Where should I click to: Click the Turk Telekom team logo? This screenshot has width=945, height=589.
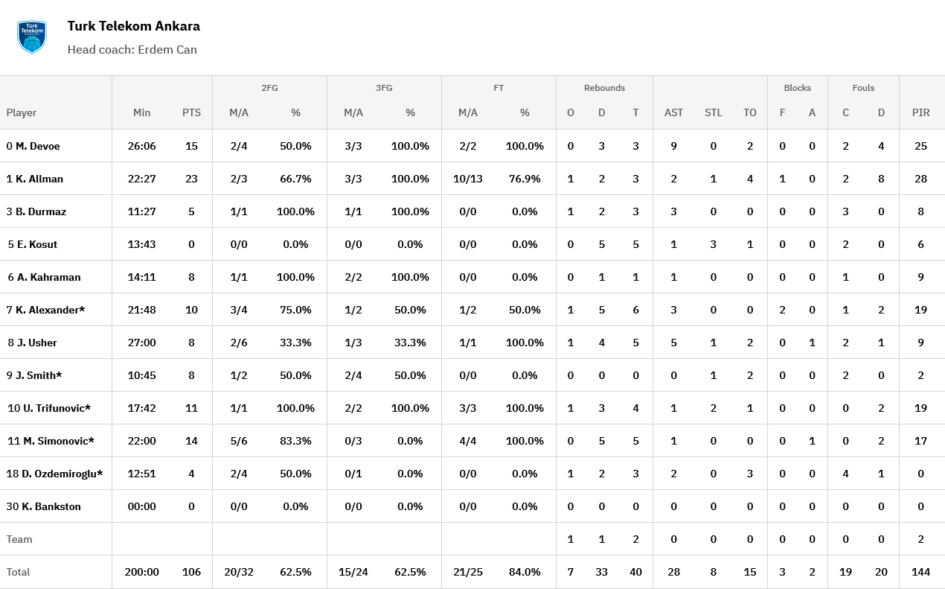click(32, 37)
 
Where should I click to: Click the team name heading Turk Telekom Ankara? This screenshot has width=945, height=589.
click(133, 26)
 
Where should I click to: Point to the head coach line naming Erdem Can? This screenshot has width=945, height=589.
click(132, 50)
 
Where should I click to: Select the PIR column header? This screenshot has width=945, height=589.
click(920, 112)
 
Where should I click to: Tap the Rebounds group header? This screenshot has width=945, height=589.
click(604, 88)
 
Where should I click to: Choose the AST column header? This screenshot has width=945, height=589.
click(673, 112)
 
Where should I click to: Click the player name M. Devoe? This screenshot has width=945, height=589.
click(37, 146)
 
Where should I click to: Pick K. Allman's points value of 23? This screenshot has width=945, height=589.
click(191, 179)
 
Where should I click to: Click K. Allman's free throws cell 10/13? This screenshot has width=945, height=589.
click(467, 179)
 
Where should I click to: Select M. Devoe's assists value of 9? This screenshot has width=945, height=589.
click(673, 146)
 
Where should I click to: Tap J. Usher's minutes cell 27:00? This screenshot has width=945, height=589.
click(141, 343)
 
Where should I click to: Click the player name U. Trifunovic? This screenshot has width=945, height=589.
click(53, 408)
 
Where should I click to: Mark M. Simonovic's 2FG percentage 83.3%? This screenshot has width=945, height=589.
click(295, 441)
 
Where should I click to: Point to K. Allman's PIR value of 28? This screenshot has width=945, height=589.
click(920, 179)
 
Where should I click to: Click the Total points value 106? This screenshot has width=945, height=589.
click(191, 572)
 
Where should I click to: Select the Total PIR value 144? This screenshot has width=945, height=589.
click(920, 572)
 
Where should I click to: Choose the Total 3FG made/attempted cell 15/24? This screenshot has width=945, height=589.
click(353, 572)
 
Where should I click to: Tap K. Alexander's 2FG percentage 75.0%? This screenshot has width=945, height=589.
click(295, 310)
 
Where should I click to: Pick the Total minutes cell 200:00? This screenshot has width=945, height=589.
click(141, 572)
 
